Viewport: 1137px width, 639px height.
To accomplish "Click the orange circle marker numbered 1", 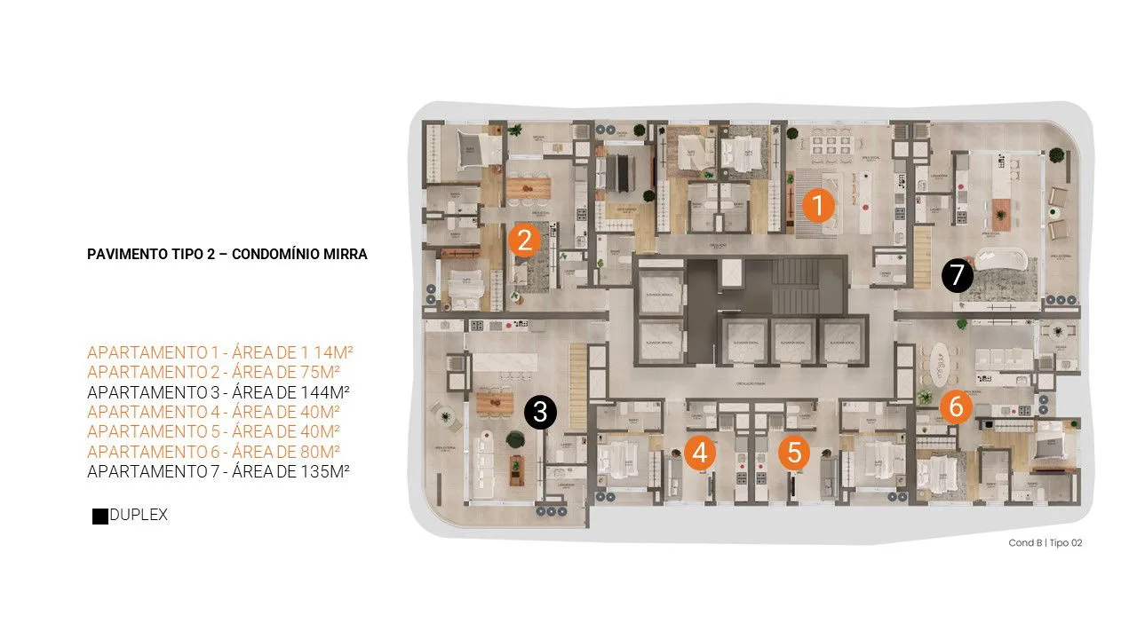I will pyautogui.click(x=817, y=206).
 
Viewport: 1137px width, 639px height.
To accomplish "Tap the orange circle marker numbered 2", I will pyautogui.click(x=524, y=241).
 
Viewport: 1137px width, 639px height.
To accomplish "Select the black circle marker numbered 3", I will pyautogui.click(x=540, y=413).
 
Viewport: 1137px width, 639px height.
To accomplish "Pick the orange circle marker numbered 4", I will pyautogui.click(x=700, y=453).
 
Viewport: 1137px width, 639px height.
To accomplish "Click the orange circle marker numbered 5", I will pyautogui.click(x=794, y=453).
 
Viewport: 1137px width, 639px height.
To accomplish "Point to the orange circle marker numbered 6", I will pyautogui.click(x=956, y=406).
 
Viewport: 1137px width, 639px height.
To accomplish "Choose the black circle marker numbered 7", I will pyautogui.click(x=957, y=276).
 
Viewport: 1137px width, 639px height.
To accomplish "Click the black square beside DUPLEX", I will pyautogui.click(x=100, y=516).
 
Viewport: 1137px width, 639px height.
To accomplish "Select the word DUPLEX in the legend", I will pyautogui.click(x=139, y=515).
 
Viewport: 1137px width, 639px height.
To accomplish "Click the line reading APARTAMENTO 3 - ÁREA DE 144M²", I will pyautogui.click(x=218, y=391).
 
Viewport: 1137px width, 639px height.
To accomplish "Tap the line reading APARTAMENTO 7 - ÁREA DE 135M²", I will pyautogui.click(x=218, y=471).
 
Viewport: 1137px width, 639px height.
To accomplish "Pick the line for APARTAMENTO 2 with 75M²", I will pyautogui.click(x=214, y=372).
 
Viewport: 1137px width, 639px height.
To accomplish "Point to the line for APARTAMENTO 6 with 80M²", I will pyautogui.click(x=214, y=452).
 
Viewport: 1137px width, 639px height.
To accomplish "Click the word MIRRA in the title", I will pyautogui.click(x=344, y=254).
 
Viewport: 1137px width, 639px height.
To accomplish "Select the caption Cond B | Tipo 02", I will pyautogui.click(x=1045, y=542).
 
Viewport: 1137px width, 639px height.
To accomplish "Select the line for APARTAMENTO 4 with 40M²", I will pyautogui.click(x=214, y=412).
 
